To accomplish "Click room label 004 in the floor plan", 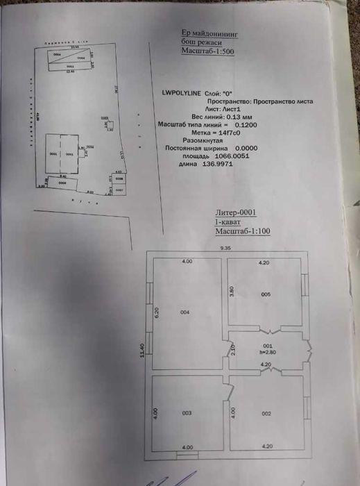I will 185,312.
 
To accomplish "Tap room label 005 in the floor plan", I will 266,294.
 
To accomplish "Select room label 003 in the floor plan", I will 187,413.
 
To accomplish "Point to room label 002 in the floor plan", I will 266,413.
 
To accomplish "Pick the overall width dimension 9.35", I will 226,247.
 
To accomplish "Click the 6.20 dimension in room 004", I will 157,312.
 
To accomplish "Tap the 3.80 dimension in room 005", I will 232,292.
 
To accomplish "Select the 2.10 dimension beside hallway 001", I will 233,349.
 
